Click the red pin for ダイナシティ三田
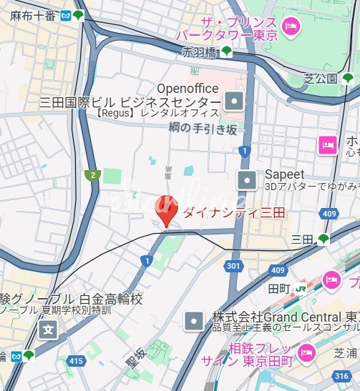(166, 210)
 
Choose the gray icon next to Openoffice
(234, 102)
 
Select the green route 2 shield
(91, 174)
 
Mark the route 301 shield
(233, 266)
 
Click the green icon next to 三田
(323, 239)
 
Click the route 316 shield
(341, 375)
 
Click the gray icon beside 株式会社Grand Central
(195, 322)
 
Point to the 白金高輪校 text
(110, 299)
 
